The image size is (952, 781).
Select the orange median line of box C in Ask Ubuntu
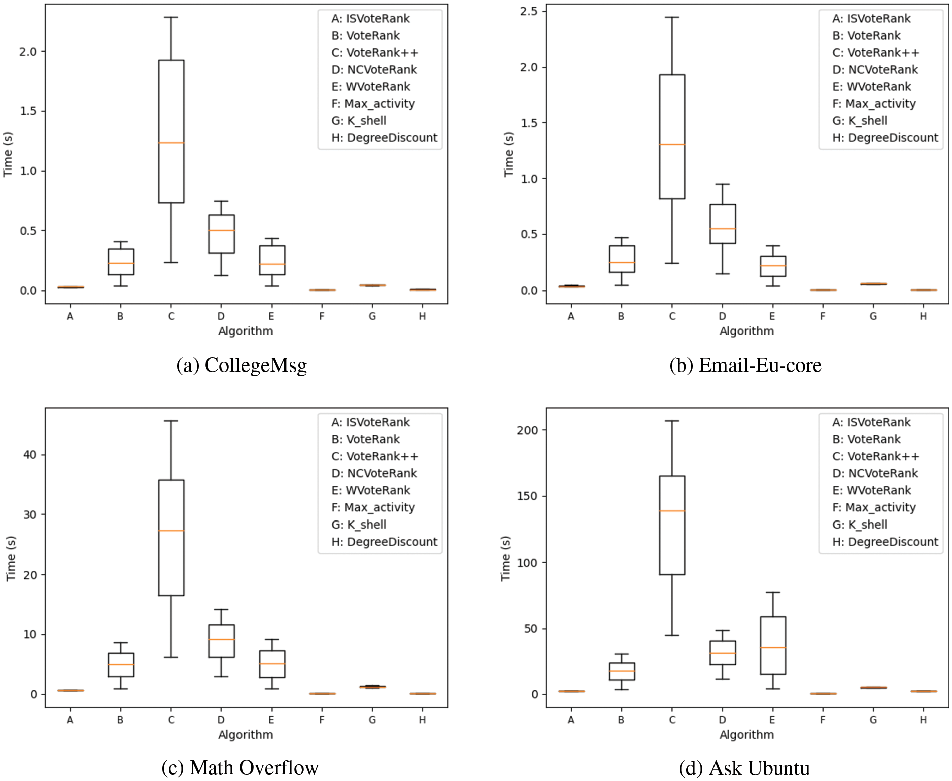coord(672,511)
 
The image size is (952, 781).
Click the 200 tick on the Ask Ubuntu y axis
coord(527,430)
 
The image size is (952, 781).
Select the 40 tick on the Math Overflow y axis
coord(30,455)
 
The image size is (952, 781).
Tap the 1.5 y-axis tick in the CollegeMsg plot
coord(28,111)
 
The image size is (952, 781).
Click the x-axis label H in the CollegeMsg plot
coord(422,316)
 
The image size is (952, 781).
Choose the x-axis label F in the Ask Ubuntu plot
coord(823,720)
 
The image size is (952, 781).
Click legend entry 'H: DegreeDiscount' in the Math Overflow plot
coord(384,542)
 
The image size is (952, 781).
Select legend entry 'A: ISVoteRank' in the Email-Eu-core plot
coord(871,19)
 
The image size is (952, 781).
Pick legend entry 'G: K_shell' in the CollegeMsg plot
coord(359,121)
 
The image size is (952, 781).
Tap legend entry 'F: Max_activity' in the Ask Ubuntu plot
coord(874,507)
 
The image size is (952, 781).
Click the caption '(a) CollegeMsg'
coord(242,365)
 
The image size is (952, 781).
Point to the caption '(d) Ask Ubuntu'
coord(744,768)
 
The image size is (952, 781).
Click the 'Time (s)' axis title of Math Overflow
coord(11,558)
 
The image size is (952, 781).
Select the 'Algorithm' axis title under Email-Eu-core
coord(746,331)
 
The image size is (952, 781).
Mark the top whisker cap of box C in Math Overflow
coord(171,421)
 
